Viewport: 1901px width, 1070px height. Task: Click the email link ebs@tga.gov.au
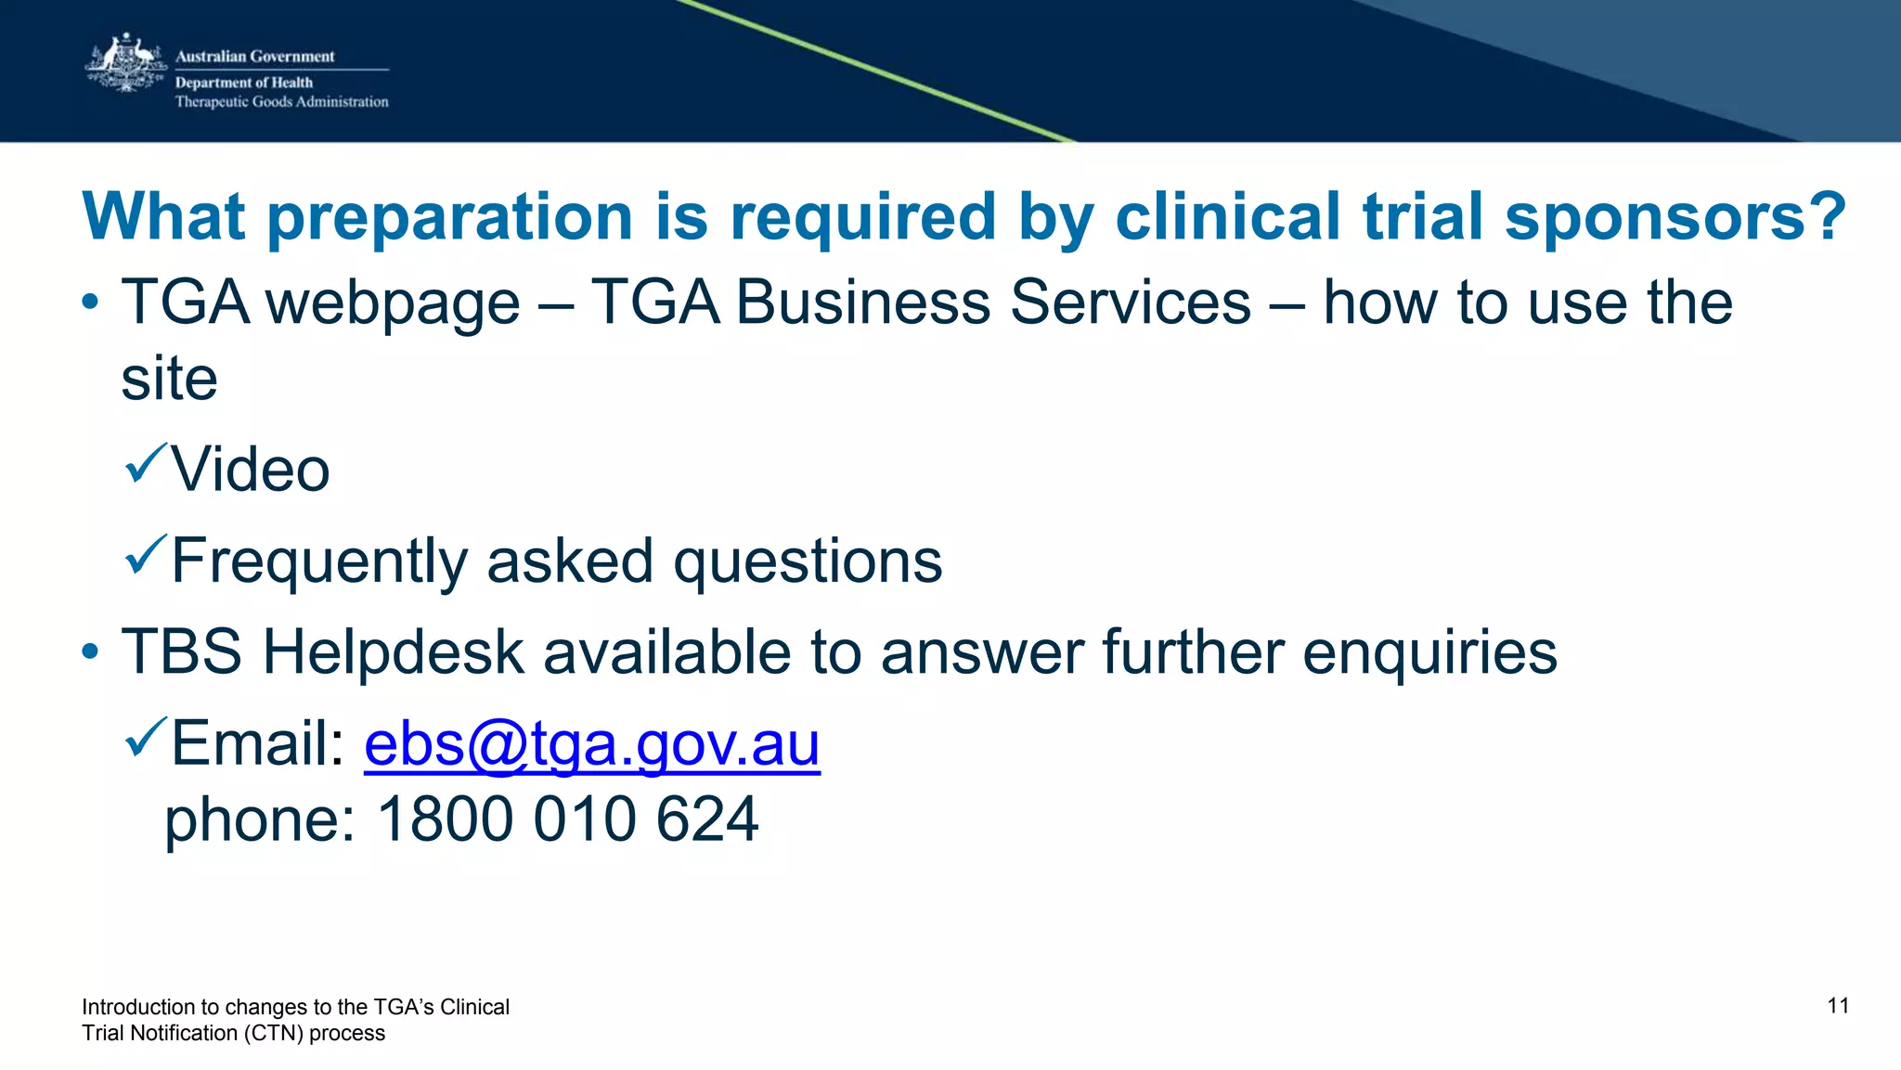(x=591, y=744)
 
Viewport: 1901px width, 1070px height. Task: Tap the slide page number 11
(x=1838, y=1006)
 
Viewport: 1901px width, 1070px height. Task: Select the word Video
(x=251, y=470)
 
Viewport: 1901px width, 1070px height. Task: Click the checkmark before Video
(x=145, y=463)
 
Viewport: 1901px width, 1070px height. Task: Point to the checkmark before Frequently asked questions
(x=145, y=554)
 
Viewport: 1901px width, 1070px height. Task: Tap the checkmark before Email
(x=145, y=737)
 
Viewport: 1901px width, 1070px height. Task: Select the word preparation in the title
(x=451, y=217)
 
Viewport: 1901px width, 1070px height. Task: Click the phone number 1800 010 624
(x=567, y=819)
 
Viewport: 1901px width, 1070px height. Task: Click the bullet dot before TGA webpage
(x=90, y=303)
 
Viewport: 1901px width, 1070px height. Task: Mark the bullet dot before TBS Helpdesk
(x=90, y=651)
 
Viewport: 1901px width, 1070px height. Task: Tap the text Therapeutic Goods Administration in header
(x=281, y=102)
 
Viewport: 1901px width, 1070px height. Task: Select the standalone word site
(x=170, y=379)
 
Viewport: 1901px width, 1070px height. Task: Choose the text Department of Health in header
(x=244, y=83)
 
